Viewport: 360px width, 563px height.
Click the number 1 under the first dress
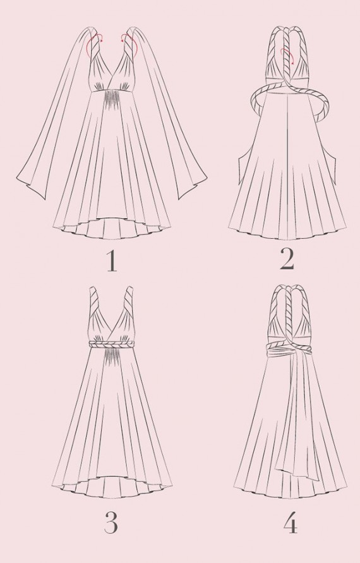click(x=112, y=261)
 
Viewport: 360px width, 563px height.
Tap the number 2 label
click(x=287, y=259)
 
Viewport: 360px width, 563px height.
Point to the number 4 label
click(x=291, y=524)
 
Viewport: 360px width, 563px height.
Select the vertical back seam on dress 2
click(x=287, y=165)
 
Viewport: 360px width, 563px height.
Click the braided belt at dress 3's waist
click(x=111, y=344)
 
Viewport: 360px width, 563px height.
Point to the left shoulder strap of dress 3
click(x=95, y=299)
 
